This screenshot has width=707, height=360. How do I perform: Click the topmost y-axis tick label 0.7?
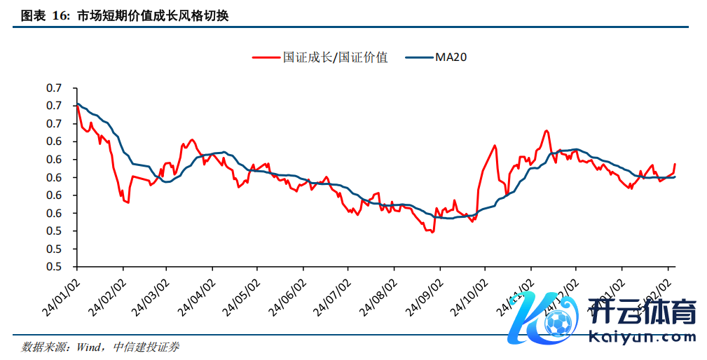[x=54, y=88]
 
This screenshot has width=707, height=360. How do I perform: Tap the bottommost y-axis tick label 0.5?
[x=54, y=267]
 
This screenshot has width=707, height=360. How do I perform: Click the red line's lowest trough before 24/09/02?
[x=432, y=232]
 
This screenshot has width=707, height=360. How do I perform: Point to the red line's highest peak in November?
[x=545, y=130]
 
